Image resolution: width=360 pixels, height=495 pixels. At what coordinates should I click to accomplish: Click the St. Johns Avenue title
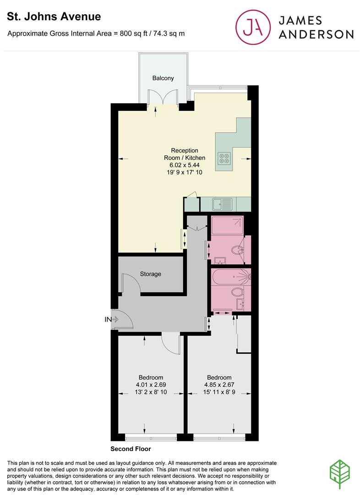54,17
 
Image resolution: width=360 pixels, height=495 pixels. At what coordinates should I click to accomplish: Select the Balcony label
163,78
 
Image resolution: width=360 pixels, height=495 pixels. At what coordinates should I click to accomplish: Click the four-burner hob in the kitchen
224,158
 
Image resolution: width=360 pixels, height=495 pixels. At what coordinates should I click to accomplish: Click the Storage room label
150,274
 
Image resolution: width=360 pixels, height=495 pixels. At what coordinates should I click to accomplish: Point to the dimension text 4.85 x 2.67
218,385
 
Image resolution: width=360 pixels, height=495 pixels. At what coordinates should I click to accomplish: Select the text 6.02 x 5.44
185,165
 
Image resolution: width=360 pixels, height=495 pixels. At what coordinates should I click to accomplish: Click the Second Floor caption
131,449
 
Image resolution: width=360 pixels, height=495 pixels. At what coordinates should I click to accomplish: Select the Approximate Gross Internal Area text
96,33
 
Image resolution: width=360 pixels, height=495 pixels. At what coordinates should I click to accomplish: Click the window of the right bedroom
218,438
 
